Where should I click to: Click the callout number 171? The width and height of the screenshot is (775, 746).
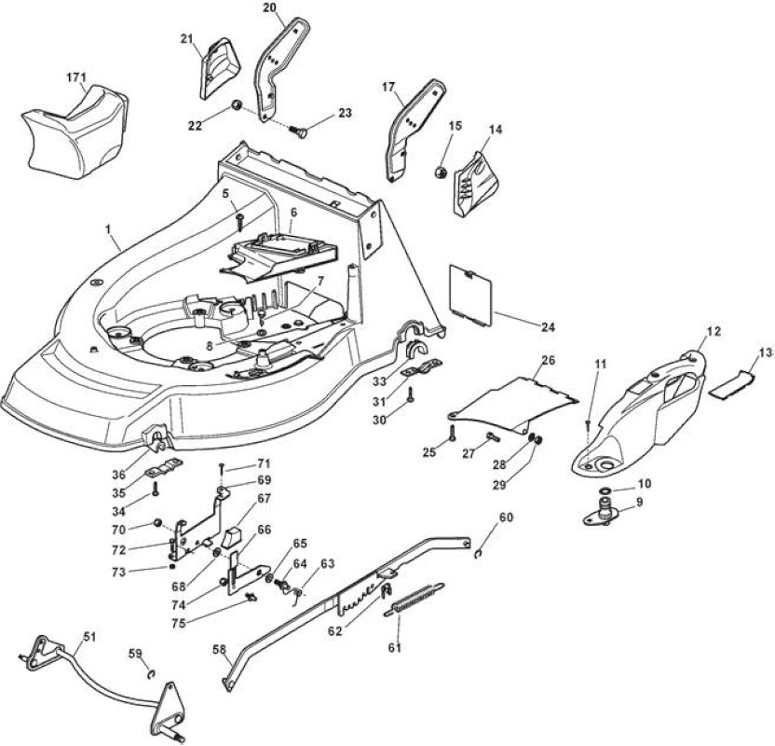tap(76, 77)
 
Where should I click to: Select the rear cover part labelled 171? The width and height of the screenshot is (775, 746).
tap(75, 131)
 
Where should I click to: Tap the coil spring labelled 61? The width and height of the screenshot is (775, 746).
tap(415, 599)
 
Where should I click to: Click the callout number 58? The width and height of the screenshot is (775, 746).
tap(221, 649)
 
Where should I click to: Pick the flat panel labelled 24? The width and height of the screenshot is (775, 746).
tap(469, 296)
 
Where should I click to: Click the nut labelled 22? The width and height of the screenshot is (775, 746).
tap(237, 105)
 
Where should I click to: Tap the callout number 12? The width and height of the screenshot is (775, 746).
tap(714, 331)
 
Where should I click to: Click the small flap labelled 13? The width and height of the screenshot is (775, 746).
tap(732, 383)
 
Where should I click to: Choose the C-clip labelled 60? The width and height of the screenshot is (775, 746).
tap(478, 554)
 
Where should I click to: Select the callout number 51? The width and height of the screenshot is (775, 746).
tap(89, 636)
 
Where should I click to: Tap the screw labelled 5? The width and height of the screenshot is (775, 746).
tap(239, 222)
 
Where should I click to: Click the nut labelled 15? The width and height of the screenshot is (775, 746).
tap(440, 173)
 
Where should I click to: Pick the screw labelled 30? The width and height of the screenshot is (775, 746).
tap(410, 395)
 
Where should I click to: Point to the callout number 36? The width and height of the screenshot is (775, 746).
tap(118, 474)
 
